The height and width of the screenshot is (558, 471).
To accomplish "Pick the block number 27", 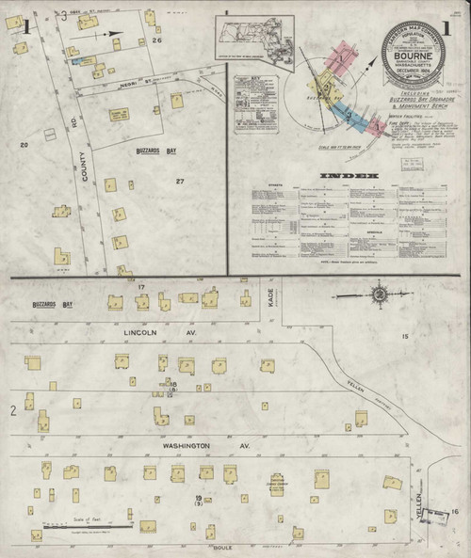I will click(179, 181).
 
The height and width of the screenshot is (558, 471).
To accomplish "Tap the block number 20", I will click(24, 144).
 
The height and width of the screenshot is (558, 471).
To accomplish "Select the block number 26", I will click(159, 40).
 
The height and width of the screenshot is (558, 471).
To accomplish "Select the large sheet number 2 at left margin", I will click(13, 410).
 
